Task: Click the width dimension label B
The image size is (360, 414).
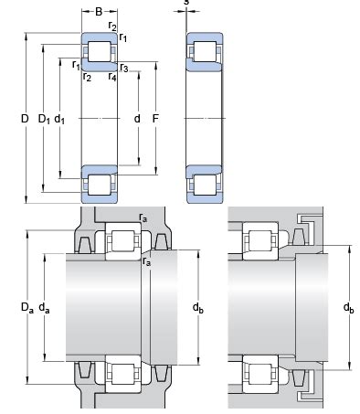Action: (x=99, y=12)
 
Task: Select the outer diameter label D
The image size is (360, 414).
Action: (x=25, y=119)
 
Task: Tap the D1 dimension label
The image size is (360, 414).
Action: (x=44, y=119)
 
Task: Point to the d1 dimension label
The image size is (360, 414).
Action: (x=59, y=119)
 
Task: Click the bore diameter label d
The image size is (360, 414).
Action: (x=137, y=119)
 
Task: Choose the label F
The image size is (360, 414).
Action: (x=155, y=119)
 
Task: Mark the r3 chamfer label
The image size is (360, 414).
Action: (x=124, y=68)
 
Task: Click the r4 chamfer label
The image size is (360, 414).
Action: (x=112, y=77)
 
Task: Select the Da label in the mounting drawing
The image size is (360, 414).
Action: (x=26, y=308)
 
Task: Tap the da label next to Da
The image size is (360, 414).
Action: (x=44, y=308)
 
